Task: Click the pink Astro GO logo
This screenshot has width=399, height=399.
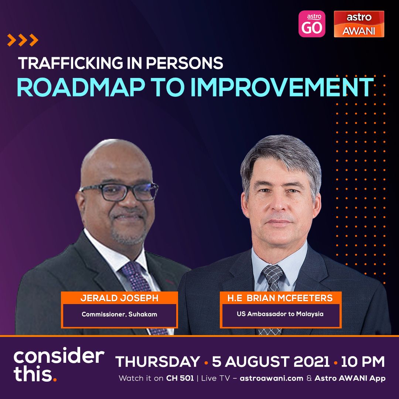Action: [x=312, y=24]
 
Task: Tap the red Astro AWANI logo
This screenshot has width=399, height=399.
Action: [x=359, y=24]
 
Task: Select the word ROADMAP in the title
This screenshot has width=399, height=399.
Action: [x=81, y=87]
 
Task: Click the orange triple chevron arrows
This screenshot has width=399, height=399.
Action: [x=23, y=40]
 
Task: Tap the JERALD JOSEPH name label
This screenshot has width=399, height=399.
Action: [x=119, y=298]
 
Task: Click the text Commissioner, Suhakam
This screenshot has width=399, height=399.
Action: [x=119, y=314]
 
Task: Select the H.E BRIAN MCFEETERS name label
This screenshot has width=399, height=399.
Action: [x=280, y=298]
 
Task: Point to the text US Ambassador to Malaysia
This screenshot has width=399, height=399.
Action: [x=280, y=314]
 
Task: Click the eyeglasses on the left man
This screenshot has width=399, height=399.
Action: [x=119, y=191]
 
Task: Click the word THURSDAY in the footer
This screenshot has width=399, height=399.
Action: [x=158, y=362]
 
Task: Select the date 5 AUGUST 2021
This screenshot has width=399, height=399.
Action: [x=271, y=362]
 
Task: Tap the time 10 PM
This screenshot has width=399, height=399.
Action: [x=363, y=362]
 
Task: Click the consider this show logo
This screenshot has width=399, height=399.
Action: [x=59, y=364]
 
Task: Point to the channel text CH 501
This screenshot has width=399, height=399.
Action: [x=180, y=378]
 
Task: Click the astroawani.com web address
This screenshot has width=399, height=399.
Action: [x=271, y=378]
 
